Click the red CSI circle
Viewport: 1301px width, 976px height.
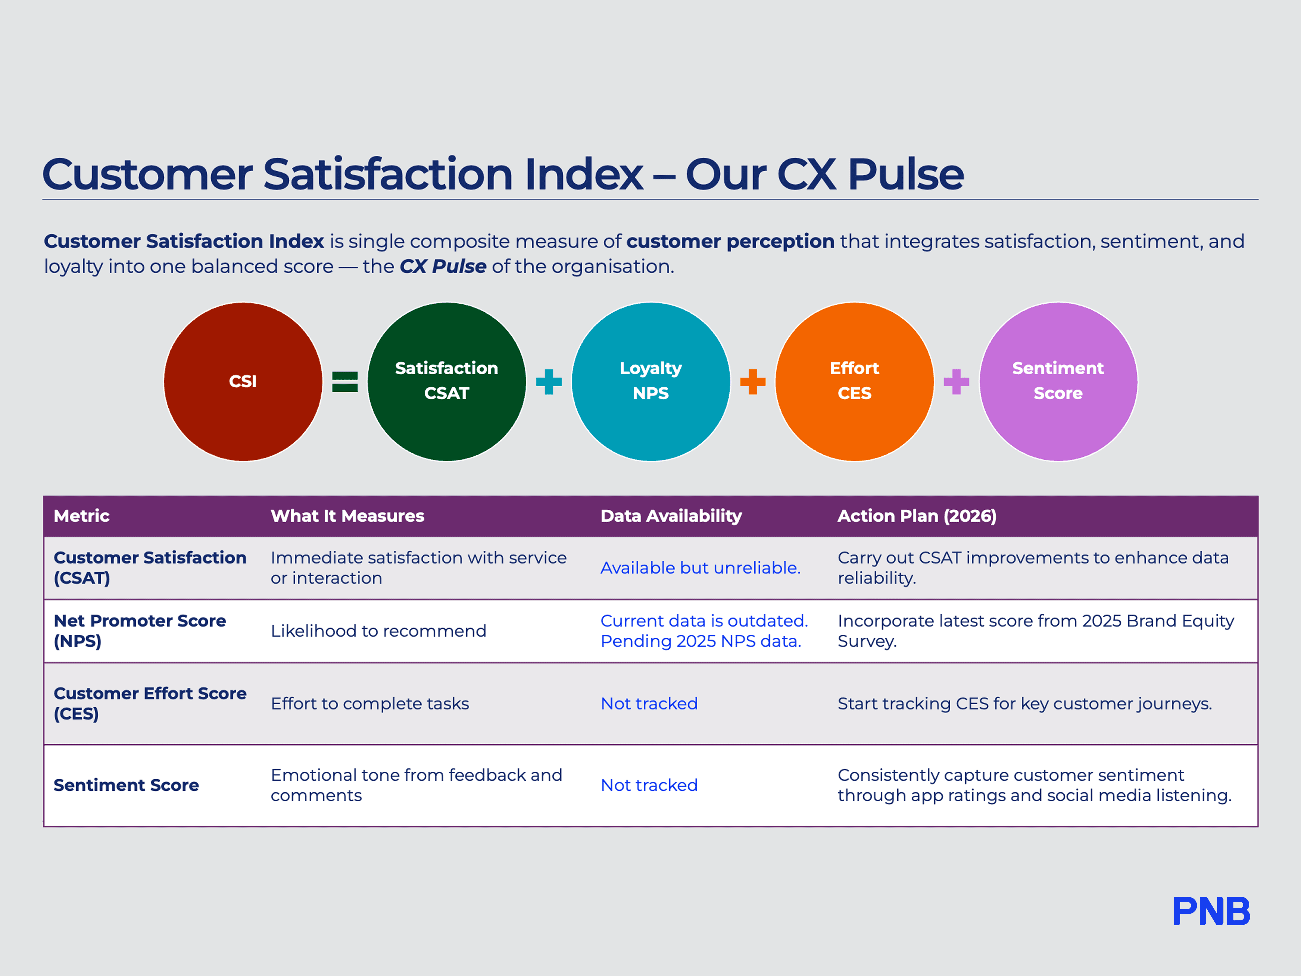click(x=243, y=382)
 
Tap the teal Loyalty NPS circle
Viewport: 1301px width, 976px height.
click(x=650, y=382)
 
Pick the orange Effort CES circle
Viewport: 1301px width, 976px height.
click(x=855, y=382)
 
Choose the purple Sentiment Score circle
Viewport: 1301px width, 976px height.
click(x=1058, y=382)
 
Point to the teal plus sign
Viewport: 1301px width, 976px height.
click(x=549, y=382)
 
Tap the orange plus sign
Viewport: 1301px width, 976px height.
click(x=753, y=382)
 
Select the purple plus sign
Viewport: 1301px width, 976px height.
click(x=956, y=382)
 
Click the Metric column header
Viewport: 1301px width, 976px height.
click(x=82, y=516)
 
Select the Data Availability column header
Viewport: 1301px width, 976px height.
click(x=671, y=516)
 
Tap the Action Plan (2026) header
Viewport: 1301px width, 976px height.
click(x=917, y=516)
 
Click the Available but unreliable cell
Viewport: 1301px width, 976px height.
click(x=700, y=568)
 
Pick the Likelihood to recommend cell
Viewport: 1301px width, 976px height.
click(x=378, y=631)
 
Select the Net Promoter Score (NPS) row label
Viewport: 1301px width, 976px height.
click(x=140, y=631)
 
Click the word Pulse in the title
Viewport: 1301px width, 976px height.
click(x=906, y=175)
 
